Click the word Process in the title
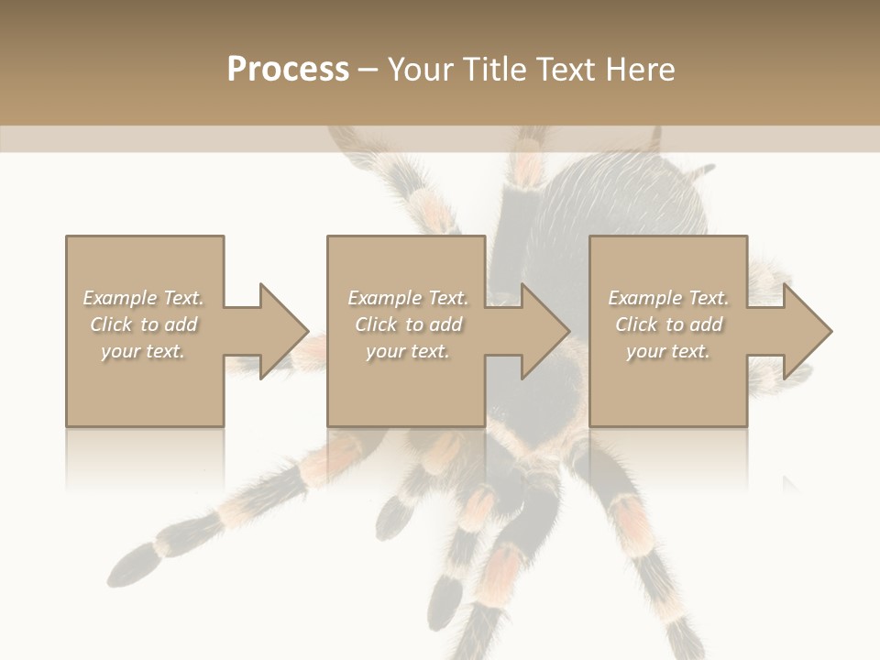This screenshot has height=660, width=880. coord(288,70)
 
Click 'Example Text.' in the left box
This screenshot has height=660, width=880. coord(143,298)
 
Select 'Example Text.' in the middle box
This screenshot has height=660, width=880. coord(408,298)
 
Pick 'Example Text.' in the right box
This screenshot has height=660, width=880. coord(668,298)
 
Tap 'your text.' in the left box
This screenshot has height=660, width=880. coord(143,351)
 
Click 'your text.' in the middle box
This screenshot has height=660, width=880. coord(408,351)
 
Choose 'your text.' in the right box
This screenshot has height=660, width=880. coord(668,351)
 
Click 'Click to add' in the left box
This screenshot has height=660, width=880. coord(143,324)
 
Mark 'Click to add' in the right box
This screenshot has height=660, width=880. coord(668,324)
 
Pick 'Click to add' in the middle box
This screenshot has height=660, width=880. coord(408,324)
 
